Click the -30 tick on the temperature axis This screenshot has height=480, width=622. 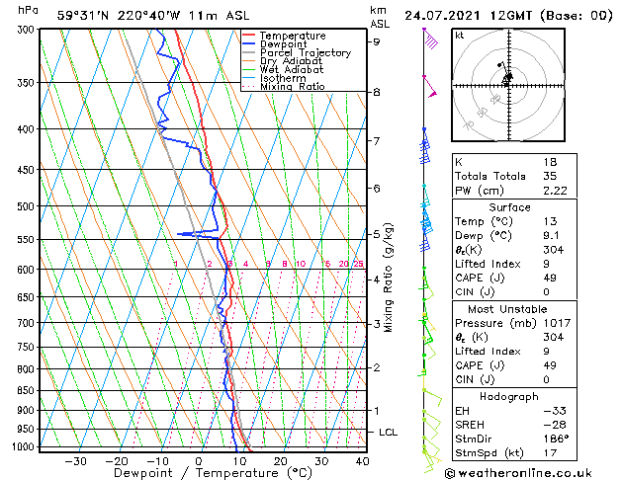[x=75, y=461]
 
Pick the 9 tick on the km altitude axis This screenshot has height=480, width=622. [x=377, y=41]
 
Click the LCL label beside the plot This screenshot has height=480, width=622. [x=390, y=433]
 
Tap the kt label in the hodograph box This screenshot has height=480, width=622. [x=460, y=35]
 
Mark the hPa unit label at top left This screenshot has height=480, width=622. [x=29, y=10]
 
